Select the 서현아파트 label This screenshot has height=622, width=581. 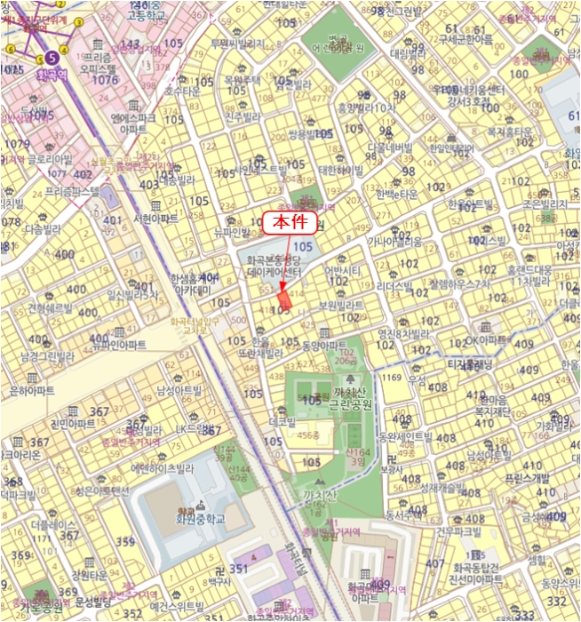pos(155,218)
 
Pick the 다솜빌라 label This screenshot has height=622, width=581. pos(39,228)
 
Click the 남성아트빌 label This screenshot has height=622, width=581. pos(179,390)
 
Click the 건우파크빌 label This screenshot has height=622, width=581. pos(457,531)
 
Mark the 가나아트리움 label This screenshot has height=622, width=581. pos(395,241)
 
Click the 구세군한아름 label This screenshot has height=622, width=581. pos(466,39)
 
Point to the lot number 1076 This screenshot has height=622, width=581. pos(104,80)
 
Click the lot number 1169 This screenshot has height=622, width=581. pos(392,378)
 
